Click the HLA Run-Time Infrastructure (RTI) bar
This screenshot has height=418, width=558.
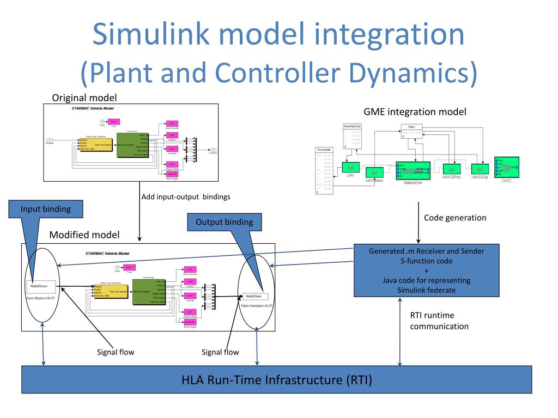(277, 379)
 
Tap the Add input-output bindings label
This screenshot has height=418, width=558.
(185, 197)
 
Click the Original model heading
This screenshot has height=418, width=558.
(84, 99)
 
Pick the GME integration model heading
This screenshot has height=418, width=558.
(415, 112)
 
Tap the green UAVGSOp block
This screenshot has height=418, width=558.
(480, 169)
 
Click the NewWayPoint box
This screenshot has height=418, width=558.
(353, 137)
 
